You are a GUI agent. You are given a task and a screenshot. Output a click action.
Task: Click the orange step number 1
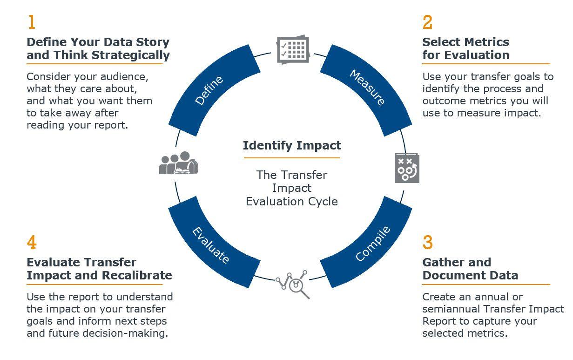coord(32,22)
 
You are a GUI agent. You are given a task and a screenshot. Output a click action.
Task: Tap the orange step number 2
coord(427,22)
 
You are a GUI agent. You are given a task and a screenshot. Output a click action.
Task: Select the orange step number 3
coord(427,242)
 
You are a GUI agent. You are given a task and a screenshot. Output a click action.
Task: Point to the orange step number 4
coord(32,242)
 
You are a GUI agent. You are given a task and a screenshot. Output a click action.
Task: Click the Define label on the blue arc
coord(209,90)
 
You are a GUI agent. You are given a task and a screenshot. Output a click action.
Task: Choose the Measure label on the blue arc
coord(367,87)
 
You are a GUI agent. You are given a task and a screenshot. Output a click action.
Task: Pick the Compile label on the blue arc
coord(373,244)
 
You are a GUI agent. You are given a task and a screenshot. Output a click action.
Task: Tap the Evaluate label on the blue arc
coord(210,245)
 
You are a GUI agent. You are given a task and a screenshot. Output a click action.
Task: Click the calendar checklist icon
coord(293,49)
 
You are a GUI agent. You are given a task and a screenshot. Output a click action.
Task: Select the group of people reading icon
coord(179,163)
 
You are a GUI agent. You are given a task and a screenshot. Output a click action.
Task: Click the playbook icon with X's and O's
coord(407,168)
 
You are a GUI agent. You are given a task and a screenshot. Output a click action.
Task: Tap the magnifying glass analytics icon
coord(293,285)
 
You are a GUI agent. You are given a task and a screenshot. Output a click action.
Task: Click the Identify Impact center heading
coord(292,146)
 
